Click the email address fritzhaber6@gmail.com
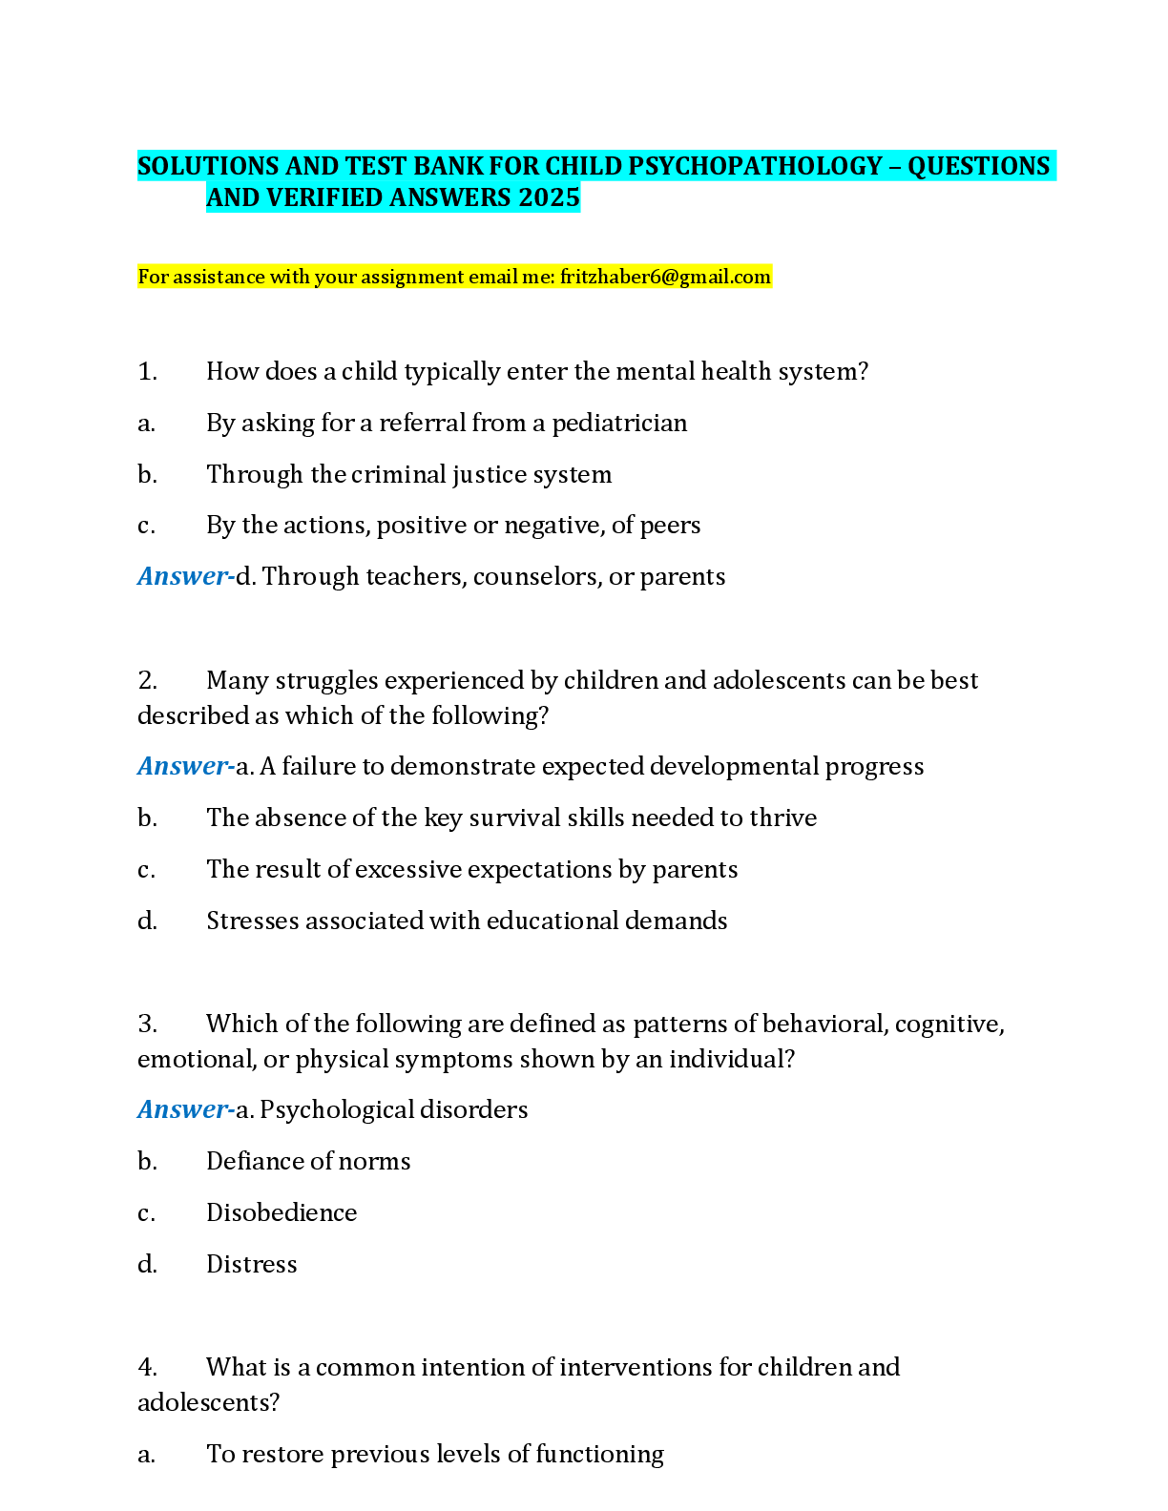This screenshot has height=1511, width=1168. pyautogui.click(x=665, y=277)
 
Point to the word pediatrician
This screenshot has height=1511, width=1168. pyautogui.click(x=619, y=424)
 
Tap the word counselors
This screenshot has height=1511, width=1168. pyautogui.click(x=537, y=577)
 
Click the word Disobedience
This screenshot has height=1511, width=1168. pyautogui.click(x=282, y=1212)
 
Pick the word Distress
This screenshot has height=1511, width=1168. pyautogui.click(x=252, y=1264)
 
